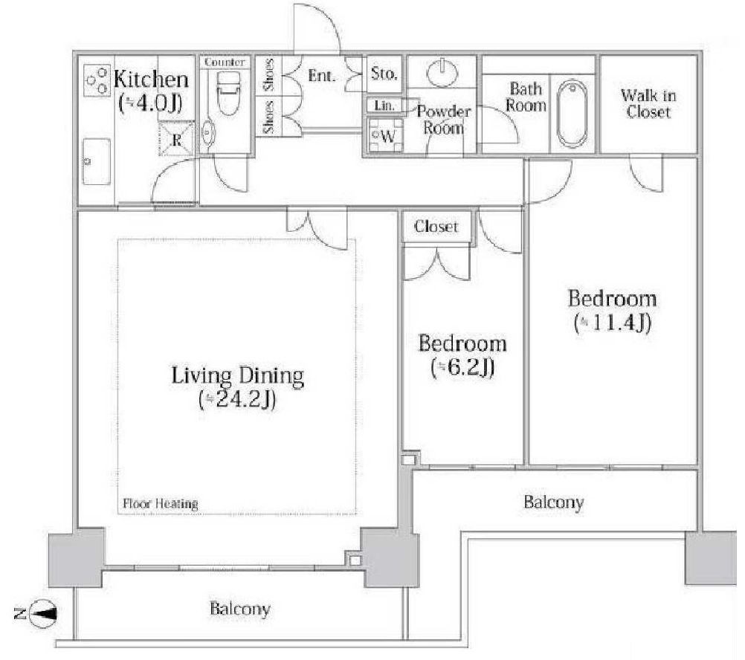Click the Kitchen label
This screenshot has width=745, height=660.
(x=151, y=79)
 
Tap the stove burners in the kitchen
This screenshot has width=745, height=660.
(x=97, y=81)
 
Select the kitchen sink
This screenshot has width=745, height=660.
(x=97, y=162)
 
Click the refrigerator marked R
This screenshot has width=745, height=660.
(x=176, y=140)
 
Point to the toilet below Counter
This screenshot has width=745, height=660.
(x=228, y=93)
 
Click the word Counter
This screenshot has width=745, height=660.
(x=225, y=62)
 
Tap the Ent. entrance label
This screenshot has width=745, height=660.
(x=322, y=75)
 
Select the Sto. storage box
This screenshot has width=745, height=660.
(x=384, y=74)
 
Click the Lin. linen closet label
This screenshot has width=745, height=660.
(x=384, y=106)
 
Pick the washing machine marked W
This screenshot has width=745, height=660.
(x=385, y=135)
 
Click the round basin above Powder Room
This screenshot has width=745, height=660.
(x=442, y=71)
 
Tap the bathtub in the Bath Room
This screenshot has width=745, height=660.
(x=572, y=114)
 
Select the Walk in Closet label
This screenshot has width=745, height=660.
(x=648, y=103)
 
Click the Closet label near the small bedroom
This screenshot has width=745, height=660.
(x=436, y=227)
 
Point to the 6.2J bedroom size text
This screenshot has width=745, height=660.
(x=462, y=367)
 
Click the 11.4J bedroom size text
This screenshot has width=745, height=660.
(x=612, y=323)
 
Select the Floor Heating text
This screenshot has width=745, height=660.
(x=160, y=504)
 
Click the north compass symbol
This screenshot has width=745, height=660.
(x=42, y=613)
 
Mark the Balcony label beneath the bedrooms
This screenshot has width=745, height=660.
(x=553, y=502)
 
